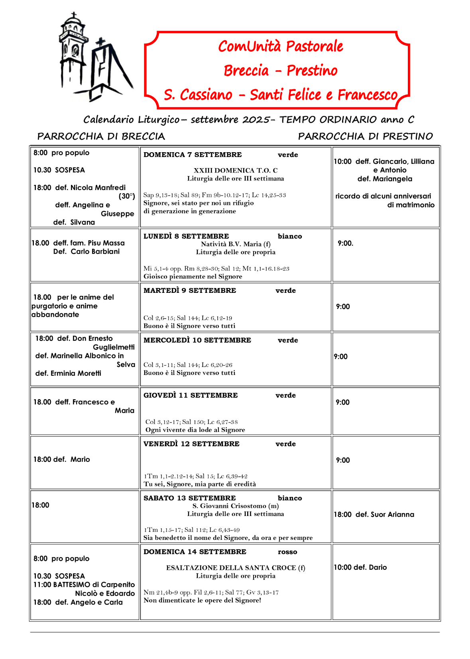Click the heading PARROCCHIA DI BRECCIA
(101, 136)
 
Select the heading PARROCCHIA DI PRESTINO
(365, 136)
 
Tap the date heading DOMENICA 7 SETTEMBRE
(193, 155)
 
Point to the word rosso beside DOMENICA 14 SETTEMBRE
(287, 552)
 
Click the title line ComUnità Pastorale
(280, 46)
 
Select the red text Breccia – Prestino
(280, 71)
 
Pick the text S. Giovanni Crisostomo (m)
(236, 506)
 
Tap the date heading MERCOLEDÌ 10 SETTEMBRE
(197, 340)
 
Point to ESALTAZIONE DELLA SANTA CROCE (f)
(236, 568)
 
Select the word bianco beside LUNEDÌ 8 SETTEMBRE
(290, 236)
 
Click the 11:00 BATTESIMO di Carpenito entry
(84, 584)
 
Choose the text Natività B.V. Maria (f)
(236, 244)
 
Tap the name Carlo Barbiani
(95, 251)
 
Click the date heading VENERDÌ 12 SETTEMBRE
(191, 444)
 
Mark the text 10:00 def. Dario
(360, 567)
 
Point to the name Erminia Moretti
(76, 373)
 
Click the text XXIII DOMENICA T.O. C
(236, 170)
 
